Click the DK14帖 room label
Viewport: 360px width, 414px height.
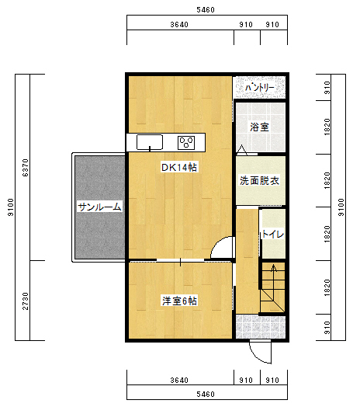click(x=179, y=168)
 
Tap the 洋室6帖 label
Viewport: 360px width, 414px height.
click(x=179, y=301)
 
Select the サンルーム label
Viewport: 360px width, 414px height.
click(x=99, y=207)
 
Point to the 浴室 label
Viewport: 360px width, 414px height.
click(x=259, y=127)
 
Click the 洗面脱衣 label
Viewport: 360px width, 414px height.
click(x=259, y=181)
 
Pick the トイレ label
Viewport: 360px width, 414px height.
click(x=272, y=234)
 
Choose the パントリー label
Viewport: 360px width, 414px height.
click(x=260, y=88)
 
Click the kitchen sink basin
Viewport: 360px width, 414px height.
click(x=150, y=143)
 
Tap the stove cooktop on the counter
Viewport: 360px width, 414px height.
click(x=186, y=143)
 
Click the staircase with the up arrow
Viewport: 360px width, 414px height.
click(x=272, y=287)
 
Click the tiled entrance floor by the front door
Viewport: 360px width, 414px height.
click(x=261, y=327)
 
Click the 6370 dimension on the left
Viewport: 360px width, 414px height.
click(x=26, y=168)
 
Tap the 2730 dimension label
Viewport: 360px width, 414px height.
click(x=26, y=301)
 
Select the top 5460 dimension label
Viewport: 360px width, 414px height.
click(x=206, y=10)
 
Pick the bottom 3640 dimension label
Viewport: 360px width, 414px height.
click(x=179, y=380)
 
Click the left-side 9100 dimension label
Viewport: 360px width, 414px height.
click(x=11, y=207)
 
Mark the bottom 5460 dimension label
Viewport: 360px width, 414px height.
click(x=206, y=395)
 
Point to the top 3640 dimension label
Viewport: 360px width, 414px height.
click(x=179, y=25)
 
